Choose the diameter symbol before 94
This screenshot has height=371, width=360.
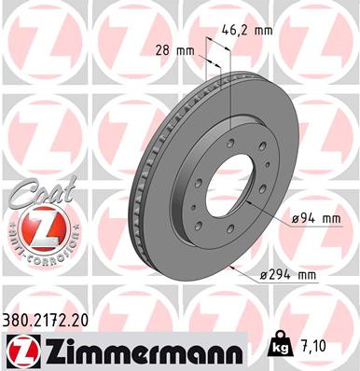tap(296, 219)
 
